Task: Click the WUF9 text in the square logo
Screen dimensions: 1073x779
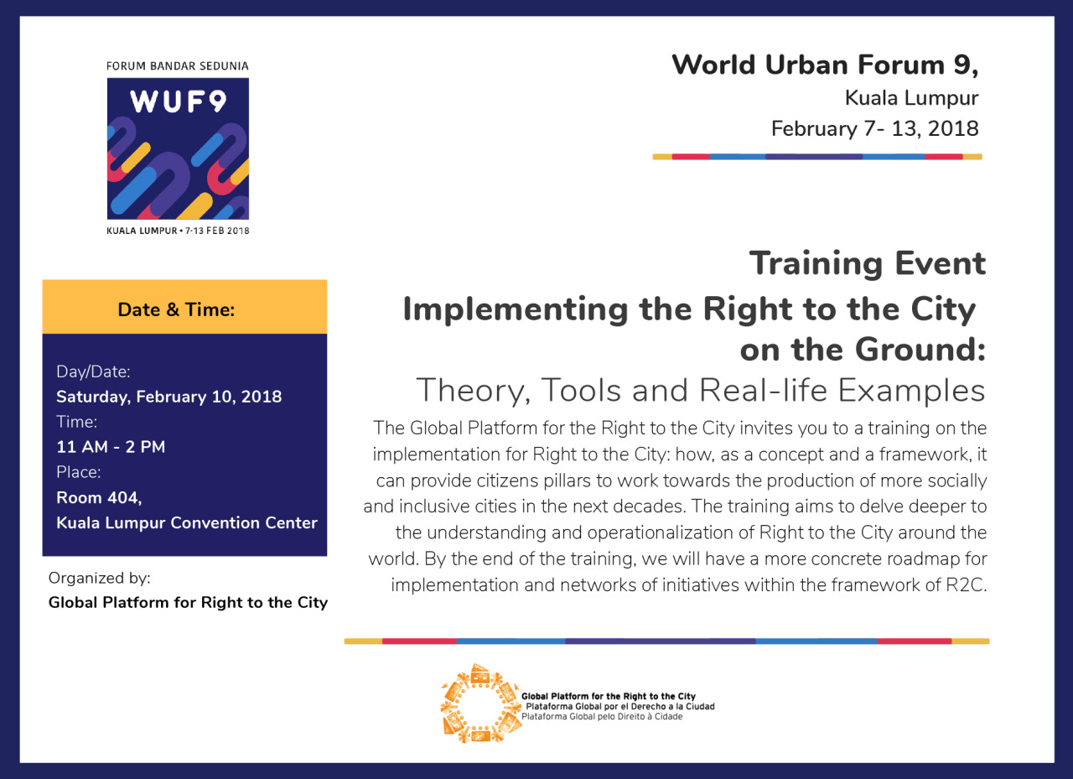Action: [178, 101]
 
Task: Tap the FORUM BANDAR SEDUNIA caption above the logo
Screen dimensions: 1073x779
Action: [177, 66]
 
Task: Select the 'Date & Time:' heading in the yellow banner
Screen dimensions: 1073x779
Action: [176, 309]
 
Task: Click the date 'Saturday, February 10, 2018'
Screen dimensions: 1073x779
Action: [169, 397]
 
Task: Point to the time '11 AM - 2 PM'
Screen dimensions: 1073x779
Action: [111, 447]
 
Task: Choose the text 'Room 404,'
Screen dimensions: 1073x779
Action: [99, 498]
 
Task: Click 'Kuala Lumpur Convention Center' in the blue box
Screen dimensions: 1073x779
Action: [187, 522]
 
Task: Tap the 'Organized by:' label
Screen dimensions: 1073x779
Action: [99, 579]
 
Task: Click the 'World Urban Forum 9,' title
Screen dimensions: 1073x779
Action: [825, 65]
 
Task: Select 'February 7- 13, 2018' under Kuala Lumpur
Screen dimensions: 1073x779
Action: [874, 128]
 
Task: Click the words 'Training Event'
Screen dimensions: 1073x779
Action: [868, 263]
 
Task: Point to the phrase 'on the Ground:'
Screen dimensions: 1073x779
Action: [863, 349]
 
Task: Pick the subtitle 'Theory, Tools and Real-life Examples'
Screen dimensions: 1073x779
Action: [700, 391]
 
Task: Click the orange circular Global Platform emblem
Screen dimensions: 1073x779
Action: [481, 704]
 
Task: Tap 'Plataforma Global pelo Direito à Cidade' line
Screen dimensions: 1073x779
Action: [602, 717]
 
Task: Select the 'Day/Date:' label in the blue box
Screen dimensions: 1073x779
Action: [93, 372]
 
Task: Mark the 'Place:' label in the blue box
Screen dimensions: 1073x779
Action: [79, 472]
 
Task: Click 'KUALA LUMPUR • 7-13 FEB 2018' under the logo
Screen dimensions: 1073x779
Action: [178, 231]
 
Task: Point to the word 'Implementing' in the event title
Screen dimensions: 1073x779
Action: [516, 310]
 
